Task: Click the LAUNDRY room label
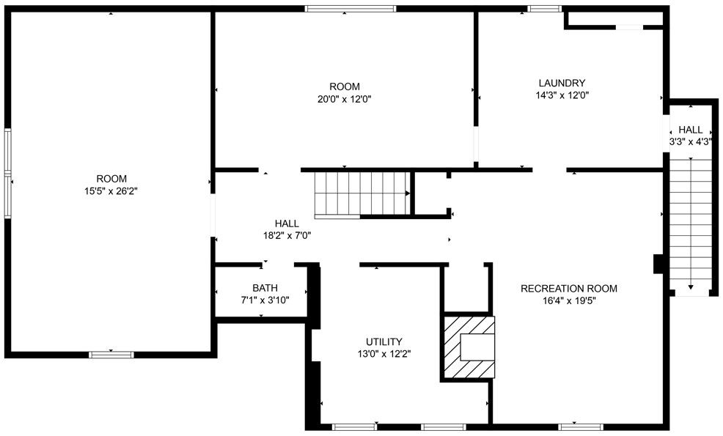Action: (562, 83)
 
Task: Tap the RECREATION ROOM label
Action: (569, 289)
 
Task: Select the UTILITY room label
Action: (383, 341)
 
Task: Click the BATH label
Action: (265, 288)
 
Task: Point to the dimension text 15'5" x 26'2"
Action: (111, 191)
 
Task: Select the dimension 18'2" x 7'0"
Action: (287, 236)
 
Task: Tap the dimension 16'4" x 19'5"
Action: (569, 300)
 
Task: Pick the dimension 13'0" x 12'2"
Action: (383, 354)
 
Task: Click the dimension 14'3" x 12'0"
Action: (562, 95)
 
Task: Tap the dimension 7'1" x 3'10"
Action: (265, 300)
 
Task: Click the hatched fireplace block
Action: (467, 348)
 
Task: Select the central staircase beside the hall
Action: (361, 194)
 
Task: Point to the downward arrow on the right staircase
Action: (691, 286)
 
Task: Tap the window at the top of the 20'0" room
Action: (351, 9)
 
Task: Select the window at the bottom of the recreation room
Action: (581, 426)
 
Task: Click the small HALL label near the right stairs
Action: (690, 130)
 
